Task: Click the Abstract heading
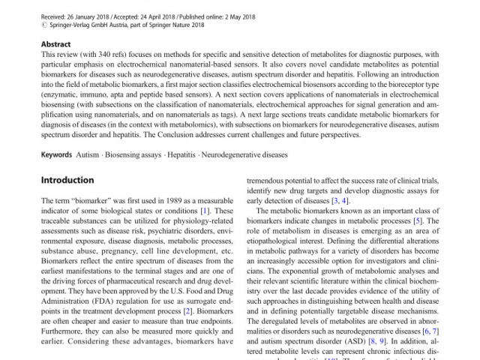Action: pos(56,44)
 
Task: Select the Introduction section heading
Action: pos(67,181)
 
